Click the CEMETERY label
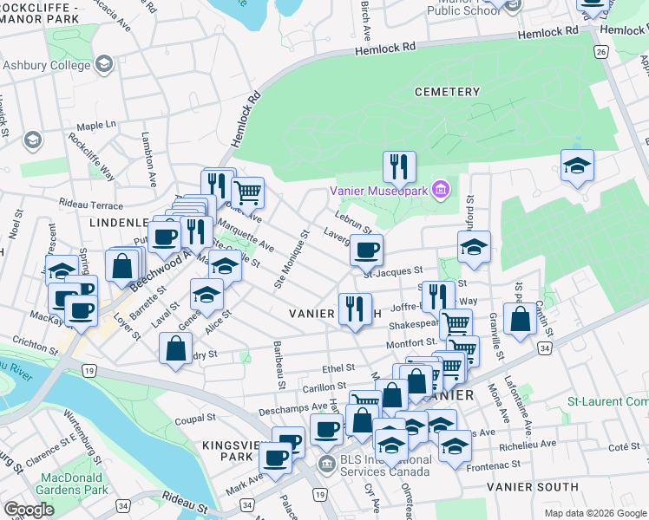447,92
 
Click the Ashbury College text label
47,65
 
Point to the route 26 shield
600,53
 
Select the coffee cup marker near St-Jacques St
366,250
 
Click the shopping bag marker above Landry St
175,348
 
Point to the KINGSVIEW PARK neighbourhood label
226,450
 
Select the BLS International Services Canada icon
327,462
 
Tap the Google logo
29,510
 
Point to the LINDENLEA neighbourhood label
121,223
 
